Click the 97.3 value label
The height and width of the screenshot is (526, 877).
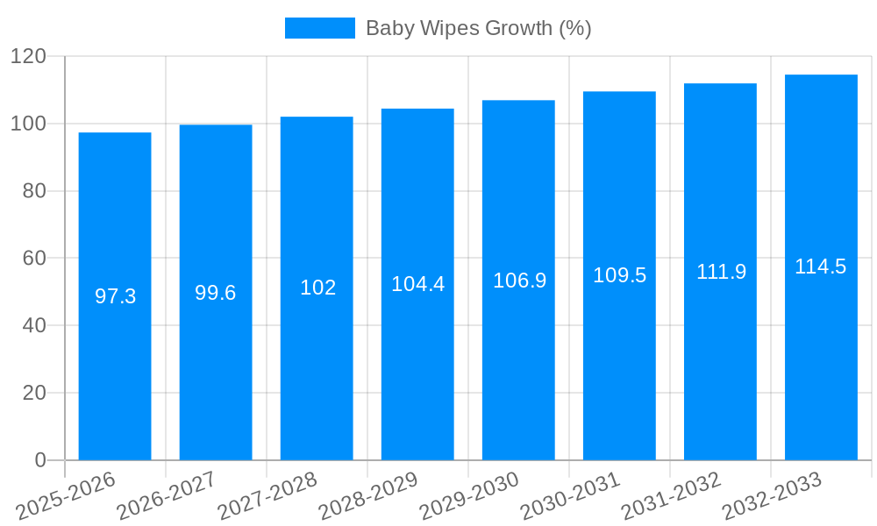pyautogui.click(x=115, y=296)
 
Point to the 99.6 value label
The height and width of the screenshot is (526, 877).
pyautogui.click(x=216, y=293)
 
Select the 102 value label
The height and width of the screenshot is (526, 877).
pyautogui.click(x=317, y=288)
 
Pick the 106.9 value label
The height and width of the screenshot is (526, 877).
pyautogui.click(x=519, y=281)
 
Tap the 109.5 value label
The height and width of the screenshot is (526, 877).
pyautogui.click(x=619, y=275)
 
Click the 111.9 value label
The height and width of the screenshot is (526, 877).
pyautogui.click(x=721, y=272)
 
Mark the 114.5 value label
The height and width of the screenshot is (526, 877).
pyautogui.click(x=821, y=267)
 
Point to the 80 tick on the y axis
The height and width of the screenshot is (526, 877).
pyautogui.click(x=34, y=191)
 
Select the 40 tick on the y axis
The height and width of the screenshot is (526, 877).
pyautogui.click(x=34, y=325)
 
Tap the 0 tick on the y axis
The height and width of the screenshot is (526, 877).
pyautogui.click(x=40, y=460)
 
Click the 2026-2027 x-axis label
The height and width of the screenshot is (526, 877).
pyautogui.click(x=167, y=495)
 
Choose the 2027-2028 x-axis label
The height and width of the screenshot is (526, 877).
pyautogui.click(x=267, y=495)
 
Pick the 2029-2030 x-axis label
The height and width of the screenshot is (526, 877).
pyautogui.click(x=469, y=495)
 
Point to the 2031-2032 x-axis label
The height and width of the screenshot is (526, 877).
pyautogui.click(x=671, y=495)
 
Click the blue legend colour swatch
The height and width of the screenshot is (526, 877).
pyautogui.click(x=320, y=28)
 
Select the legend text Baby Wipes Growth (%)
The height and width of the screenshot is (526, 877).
pyautogui.click(x=478, y=28)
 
